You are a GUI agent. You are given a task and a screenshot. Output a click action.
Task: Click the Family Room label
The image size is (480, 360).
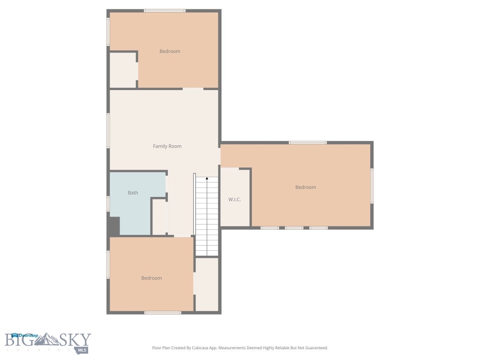click(x=167, y=146)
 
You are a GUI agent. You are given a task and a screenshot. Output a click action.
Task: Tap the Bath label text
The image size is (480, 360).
click(x=133, y=193)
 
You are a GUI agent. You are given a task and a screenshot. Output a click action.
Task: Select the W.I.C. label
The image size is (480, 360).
click(x=234, y=200)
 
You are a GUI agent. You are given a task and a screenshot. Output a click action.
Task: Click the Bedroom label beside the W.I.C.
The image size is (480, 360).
click(x=305, y=187)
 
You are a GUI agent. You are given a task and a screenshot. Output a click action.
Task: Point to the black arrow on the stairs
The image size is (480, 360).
click(x=207, y=179)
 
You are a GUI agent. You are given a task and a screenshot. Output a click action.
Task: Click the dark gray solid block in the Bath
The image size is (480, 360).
click(x=114, y=226)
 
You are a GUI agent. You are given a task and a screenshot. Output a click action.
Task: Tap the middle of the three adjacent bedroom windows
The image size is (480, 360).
click(x=294, y=228)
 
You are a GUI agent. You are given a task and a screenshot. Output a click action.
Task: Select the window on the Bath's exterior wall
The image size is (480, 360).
click(x=108, y=203)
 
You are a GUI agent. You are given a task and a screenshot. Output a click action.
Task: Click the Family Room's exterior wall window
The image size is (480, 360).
click(x=108, y=130)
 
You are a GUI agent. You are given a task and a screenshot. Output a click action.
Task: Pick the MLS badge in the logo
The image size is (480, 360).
click(x=82, y=350)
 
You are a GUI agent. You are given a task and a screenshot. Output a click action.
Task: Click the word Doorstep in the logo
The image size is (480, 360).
click(x=28, y=335)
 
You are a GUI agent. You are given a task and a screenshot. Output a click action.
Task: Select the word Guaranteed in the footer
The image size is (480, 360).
click(x=315, y=348)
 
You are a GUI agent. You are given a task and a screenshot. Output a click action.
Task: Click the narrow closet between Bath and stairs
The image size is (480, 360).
click(x=159, y=217)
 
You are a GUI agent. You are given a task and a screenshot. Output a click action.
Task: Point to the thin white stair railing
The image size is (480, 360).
click(x=195, y=204)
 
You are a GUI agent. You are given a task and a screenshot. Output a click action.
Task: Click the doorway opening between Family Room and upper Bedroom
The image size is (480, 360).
click(x=193, y=89)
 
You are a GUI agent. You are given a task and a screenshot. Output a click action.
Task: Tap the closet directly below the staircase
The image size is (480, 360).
click(x=207, y=284)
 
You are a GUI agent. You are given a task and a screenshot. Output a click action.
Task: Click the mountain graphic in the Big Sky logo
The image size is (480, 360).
click(x=48, y=339)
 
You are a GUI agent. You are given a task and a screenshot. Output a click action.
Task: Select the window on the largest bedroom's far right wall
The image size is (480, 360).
click(x=372, y=186)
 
